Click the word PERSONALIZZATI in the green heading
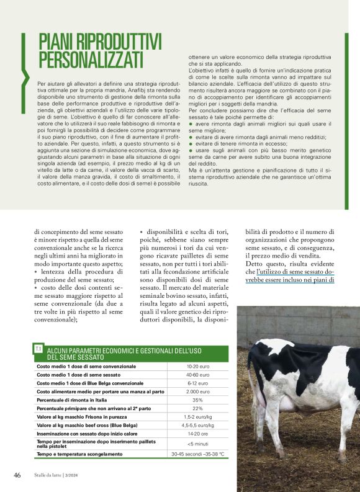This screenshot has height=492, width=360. (x=91, y=60)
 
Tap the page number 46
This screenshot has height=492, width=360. (x=17, y=475)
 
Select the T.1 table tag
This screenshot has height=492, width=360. (x=38, y=349)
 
